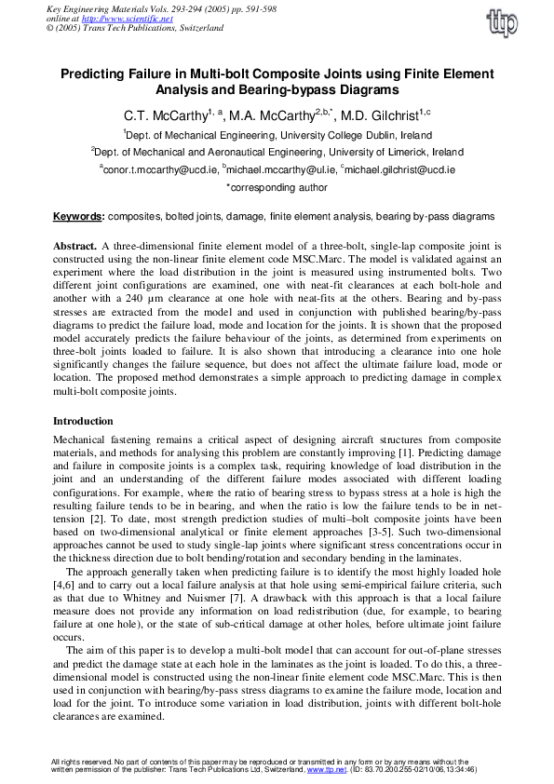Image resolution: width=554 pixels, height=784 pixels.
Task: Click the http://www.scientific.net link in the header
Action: pyautogui.click(x=108, y=20)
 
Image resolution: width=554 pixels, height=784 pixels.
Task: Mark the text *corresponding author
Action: pyautogui.click(x=277, y=187)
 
